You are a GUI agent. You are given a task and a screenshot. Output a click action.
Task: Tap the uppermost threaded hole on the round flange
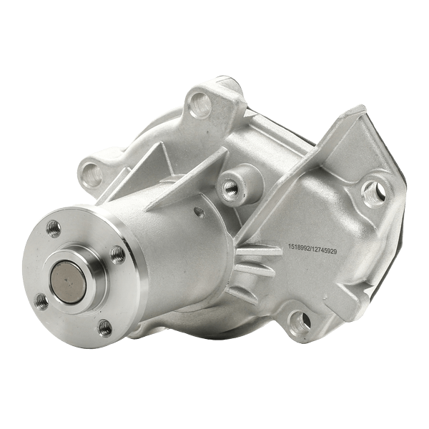54,228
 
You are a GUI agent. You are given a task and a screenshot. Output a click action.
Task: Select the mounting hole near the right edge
370,190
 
